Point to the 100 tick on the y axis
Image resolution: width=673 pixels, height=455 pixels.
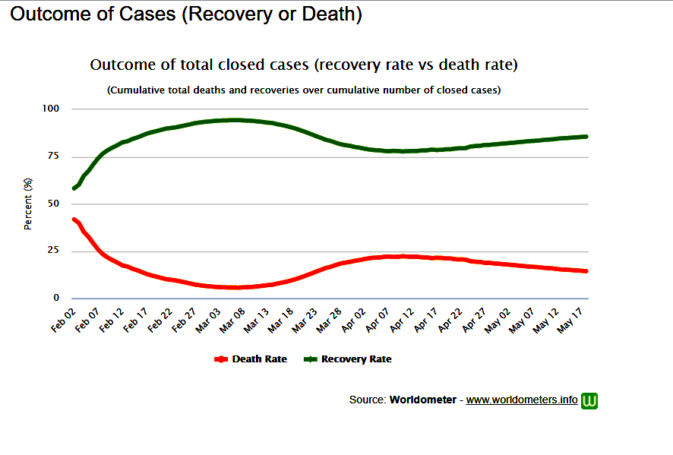(x=50, y=109)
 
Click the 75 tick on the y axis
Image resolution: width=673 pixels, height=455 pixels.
(x=53, y=156)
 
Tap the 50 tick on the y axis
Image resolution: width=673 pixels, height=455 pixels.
(x=53, y=204)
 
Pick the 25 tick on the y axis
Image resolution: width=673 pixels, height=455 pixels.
(x=53, y=251)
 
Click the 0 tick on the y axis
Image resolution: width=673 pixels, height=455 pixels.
(x=56, y=299)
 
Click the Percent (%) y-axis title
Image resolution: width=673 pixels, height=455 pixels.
(x=28, y=204)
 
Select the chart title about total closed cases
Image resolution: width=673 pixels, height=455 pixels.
(x=304, y=65)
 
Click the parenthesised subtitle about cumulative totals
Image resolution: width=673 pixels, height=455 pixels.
(x=304, y=90)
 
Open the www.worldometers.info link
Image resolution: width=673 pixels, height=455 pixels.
(x=522, y=400)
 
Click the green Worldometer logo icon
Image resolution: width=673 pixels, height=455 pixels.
(x=589, y=400)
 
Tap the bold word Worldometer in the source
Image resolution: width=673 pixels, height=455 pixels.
(x=423, y=400)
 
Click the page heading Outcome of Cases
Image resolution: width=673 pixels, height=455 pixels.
(x=185, y=14)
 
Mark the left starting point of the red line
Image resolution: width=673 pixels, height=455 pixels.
(x=74, y=219)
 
